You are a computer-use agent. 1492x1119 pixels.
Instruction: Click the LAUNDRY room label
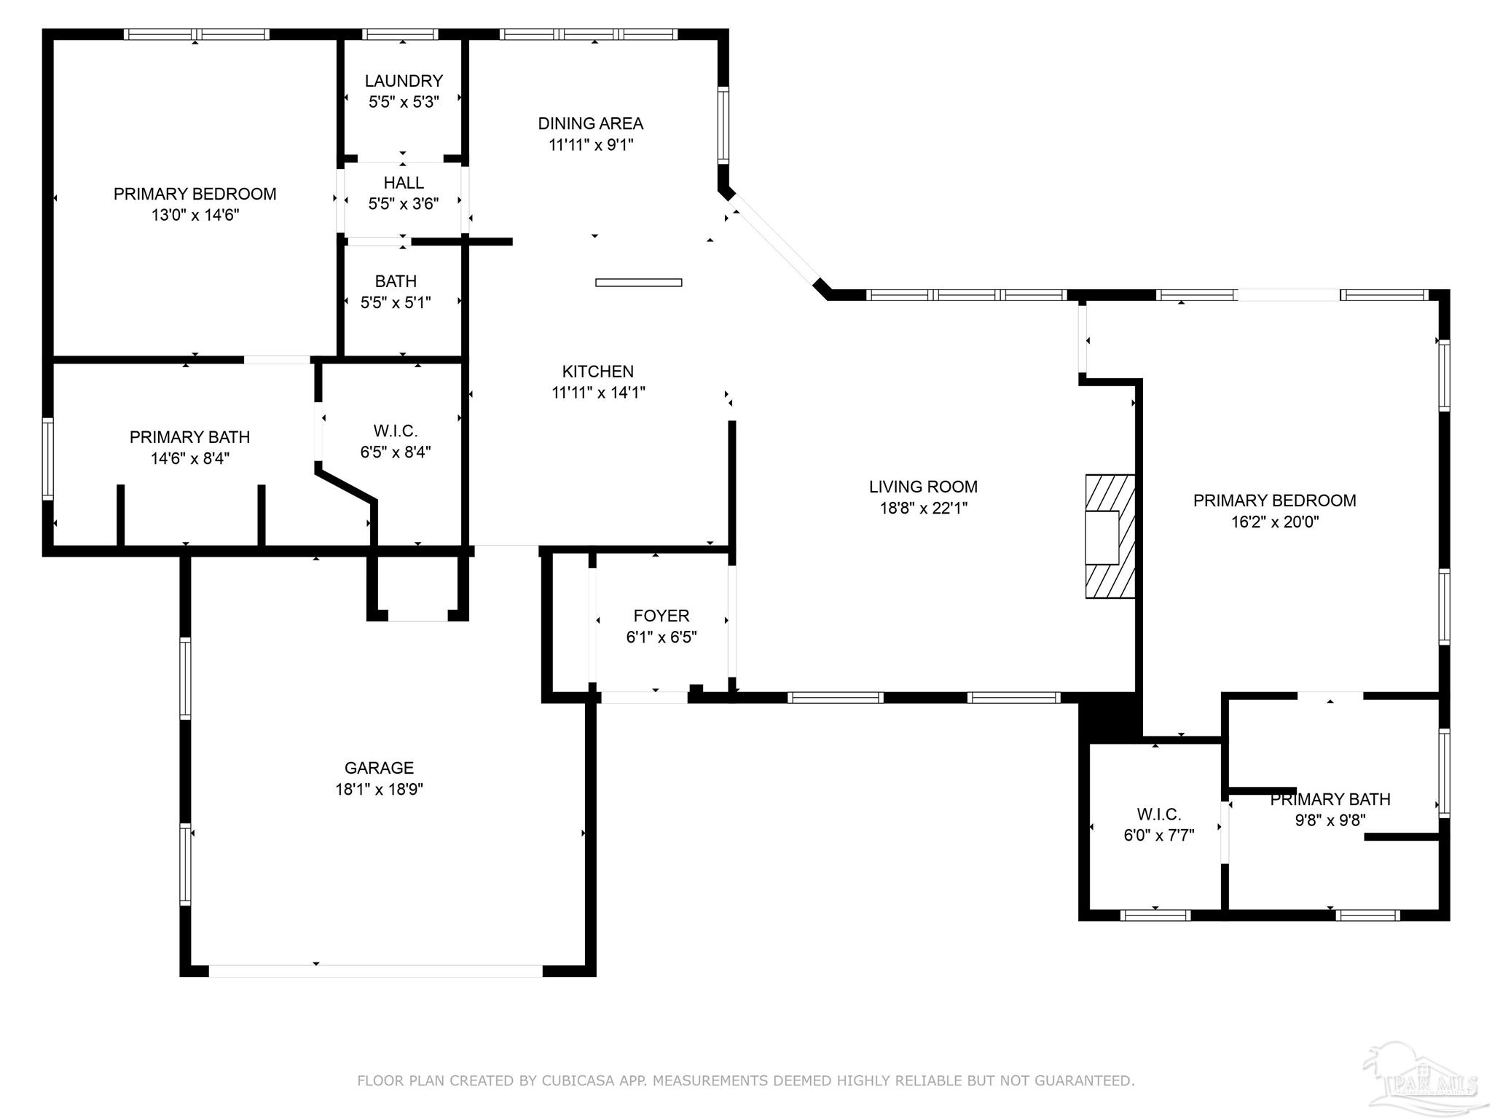404,81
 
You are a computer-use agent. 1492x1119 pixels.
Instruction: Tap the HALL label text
404,183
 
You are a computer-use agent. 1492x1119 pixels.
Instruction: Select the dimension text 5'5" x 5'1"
396,302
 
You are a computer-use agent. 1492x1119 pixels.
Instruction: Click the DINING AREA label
590,124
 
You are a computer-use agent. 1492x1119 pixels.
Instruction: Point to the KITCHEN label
597,372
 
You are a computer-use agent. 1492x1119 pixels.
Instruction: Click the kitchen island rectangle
638,283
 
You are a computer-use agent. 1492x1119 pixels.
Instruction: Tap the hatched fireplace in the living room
1110,537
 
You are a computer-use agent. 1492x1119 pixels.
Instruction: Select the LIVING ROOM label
923,487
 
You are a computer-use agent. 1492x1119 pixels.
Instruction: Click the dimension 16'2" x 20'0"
1274,522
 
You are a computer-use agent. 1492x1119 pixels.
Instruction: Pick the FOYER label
661,616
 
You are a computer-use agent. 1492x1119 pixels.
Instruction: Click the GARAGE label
379,768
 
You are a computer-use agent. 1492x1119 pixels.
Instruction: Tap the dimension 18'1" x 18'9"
379,789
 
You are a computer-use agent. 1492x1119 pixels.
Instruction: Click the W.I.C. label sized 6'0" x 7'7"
1158,814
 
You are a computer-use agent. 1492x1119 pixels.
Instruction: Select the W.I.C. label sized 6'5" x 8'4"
395,431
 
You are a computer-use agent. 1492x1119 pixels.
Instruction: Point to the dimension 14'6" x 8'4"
190,458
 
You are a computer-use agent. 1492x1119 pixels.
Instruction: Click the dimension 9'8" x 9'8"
1330,820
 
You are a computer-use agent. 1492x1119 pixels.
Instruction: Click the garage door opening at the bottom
375,971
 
